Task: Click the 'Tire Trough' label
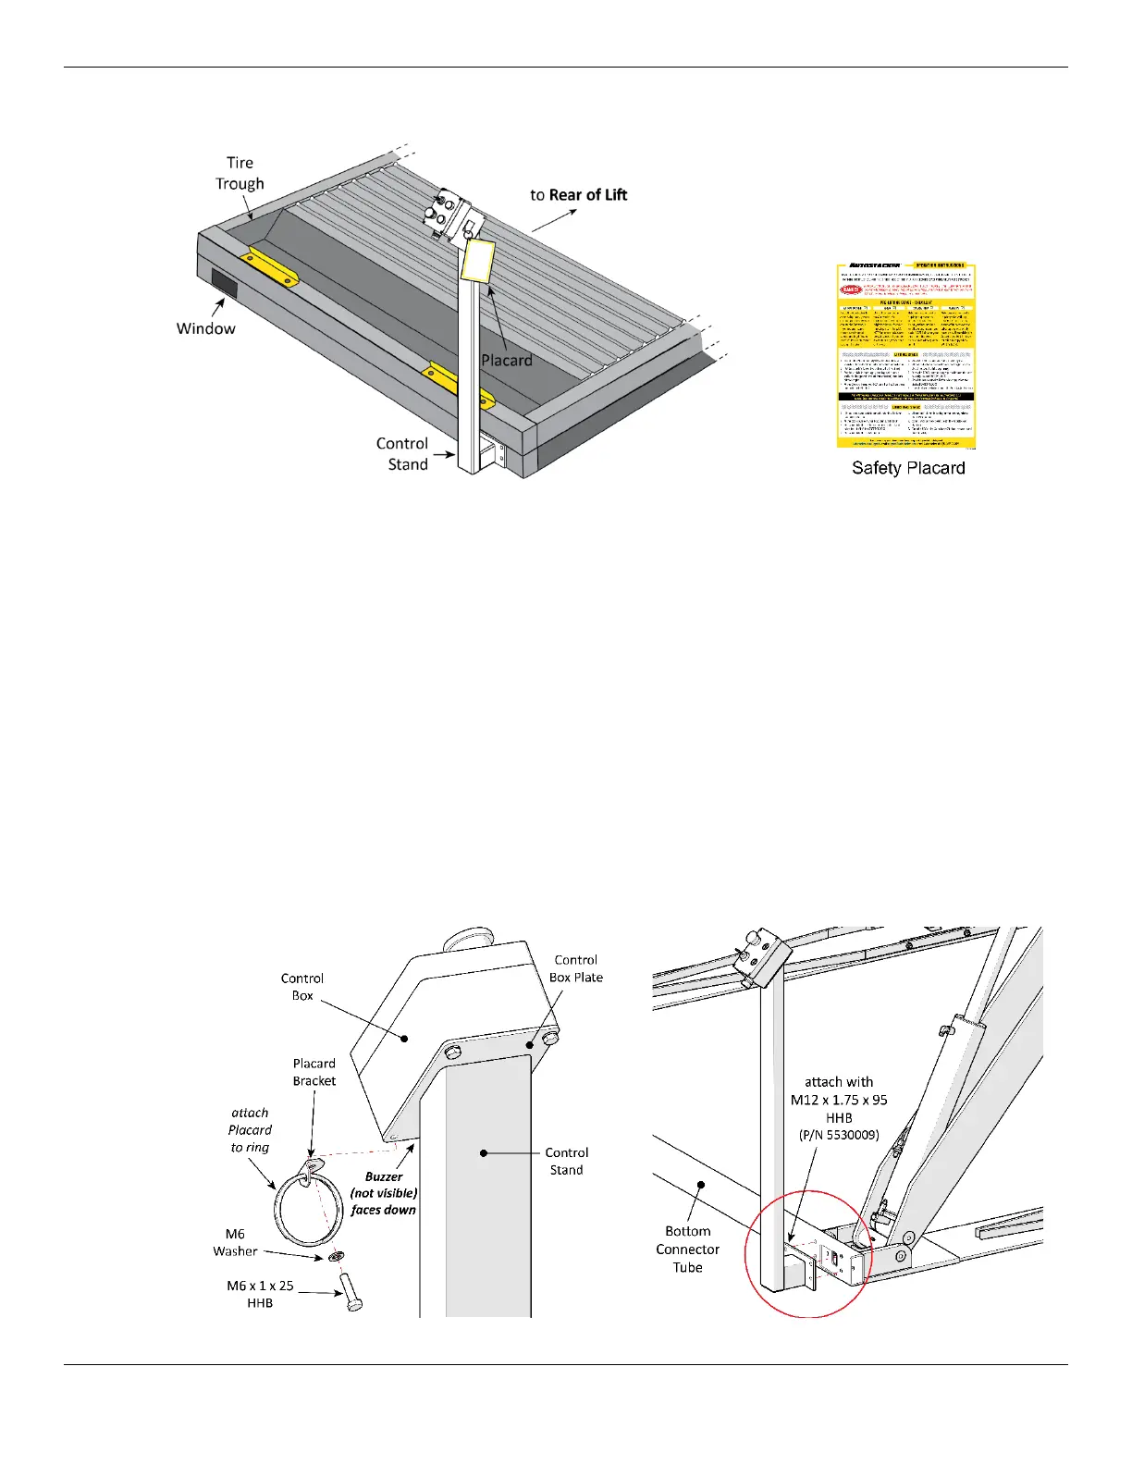240,173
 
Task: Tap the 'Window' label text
205,328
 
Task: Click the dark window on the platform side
224,284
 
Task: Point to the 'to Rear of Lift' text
578,195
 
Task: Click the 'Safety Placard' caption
908,468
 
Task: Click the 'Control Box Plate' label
575,968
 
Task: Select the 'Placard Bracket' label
314,1072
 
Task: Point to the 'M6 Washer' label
235,1242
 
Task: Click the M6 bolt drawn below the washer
351,1291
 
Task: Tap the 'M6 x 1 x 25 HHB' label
260,1294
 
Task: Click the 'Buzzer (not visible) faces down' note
384,1193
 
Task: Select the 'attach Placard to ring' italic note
250,1130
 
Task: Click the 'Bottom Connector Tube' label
687,1250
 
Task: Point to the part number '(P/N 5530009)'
839,1135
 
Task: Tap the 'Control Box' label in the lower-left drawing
302,987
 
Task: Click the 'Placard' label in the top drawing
507,360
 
